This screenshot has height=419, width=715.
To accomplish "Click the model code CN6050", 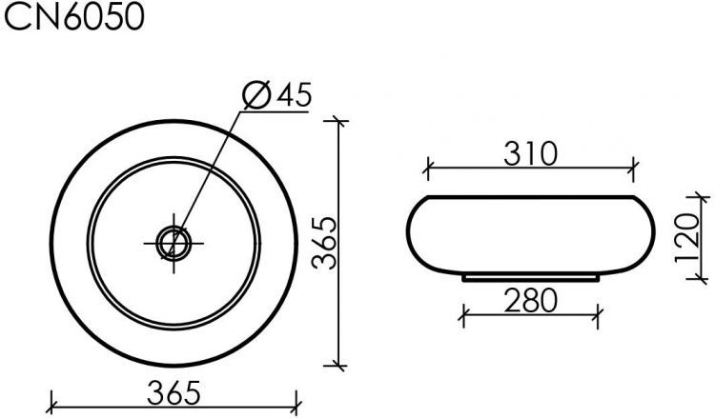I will (74, 19).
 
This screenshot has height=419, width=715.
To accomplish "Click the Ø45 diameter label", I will (277, 95).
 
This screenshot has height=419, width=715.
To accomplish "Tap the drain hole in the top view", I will (174, 243).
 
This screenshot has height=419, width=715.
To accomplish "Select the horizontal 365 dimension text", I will (174, 389).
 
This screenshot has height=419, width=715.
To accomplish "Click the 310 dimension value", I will (529, 153).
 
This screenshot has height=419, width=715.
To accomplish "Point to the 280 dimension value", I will (530, 301).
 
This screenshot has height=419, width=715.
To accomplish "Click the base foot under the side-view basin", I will (531, 278).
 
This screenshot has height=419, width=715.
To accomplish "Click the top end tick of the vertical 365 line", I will (337, 121).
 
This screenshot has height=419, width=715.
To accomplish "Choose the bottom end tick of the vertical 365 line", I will (337, 364).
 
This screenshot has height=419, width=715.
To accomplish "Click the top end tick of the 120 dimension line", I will (703, 197).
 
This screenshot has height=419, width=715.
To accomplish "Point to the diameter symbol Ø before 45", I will (255, 95).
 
